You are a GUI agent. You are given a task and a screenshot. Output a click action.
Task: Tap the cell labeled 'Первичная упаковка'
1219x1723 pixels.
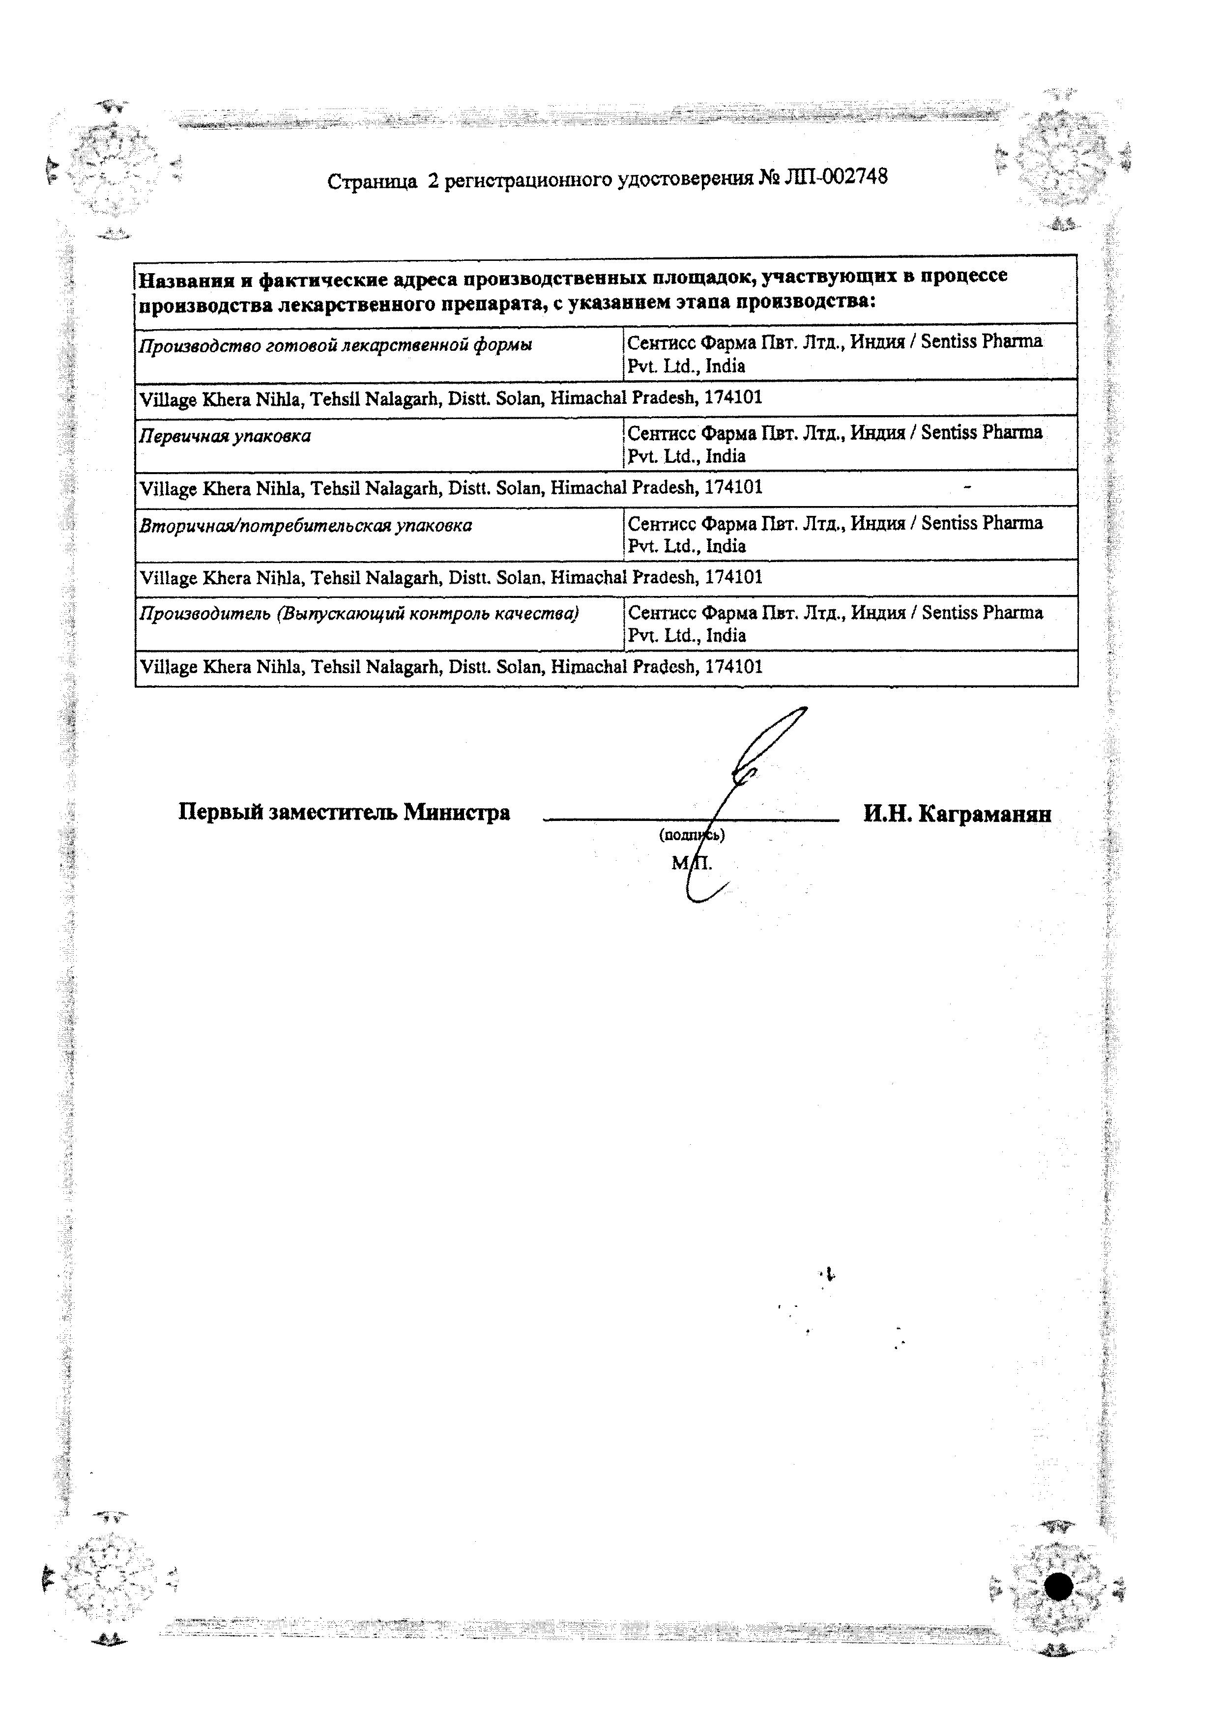point(225,436)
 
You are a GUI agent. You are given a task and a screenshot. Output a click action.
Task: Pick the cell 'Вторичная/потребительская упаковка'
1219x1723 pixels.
point(306,525)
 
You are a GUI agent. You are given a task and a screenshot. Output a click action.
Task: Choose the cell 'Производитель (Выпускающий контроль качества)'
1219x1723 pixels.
point(359,615)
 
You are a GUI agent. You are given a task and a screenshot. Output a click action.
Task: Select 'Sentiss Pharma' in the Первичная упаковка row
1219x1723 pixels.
point(982,432)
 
